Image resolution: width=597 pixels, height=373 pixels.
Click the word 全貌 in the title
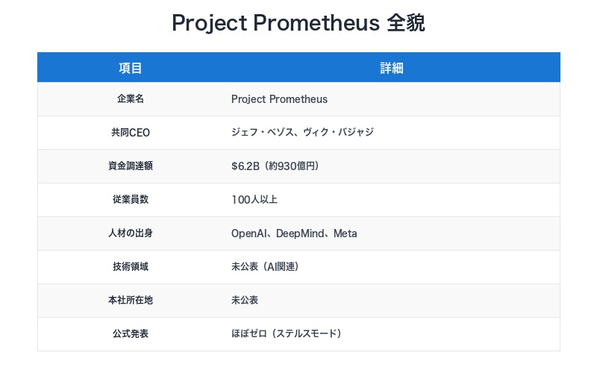tap(406, 23)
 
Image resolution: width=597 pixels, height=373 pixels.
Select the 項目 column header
tap(131, 68)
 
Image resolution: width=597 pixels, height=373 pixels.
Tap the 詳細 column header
tap(392, 68)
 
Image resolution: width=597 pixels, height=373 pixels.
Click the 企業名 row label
tap(131, 99)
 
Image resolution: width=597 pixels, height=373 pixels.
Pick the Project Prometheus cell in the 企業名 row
tap(279, 99)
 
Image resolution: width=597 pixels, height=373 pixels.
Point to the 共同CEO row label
tap(131, 133)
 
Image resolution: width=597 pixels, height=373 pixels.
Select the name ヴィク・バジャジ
tap(340, 133)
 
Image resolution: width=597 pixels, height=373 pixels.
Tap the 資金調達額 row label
tap(131, 166)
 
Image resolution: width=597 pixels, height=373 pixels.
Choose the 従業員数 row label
tap(131, 200)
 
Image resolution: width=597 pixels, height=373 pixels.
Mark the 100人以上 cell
tap(254, 200)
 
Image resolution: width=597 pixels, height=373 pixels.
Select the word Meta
tap(345, 233)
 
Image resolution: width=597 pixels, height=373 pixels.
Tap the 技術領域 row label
tap(131, 267)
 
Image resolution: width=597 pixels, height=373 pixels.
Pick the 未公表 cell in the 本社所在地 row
tap(245, 301)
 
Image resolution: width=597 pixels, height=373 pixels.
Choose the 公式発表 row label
tap(131, 334)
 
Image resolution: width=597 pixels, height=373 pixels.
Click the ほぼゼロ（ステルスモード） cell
tap(287, 334)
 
